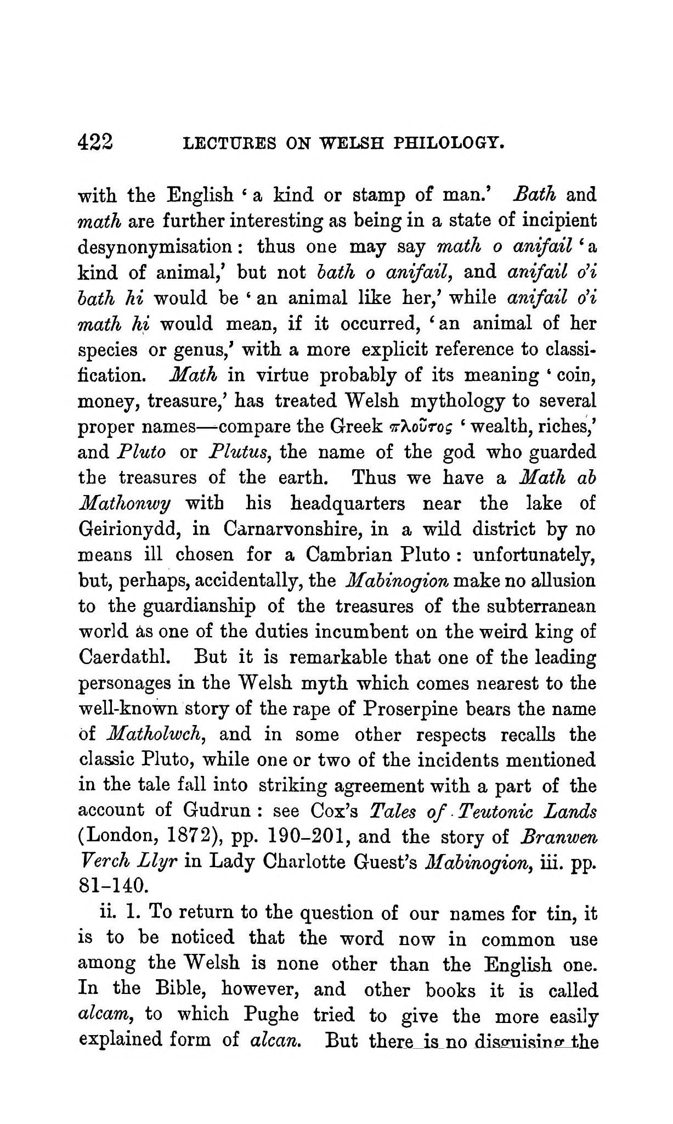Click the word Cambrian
[345, 555]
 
